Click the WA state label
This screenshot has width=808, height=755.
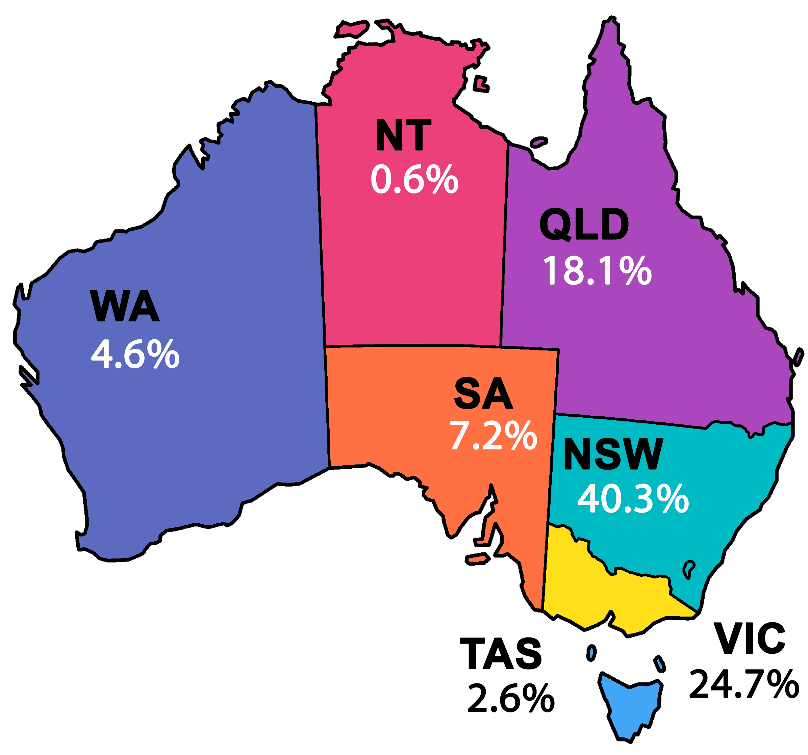(x=124, y=306)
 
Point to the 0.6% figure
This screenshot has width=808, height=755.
(x=414, y=179)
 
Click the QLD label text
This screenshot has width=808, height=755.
(x=584, y=225)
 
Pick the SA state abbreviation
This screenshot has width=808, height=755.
(x=483, y=393)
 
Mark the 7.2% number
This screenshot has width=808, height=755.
(x=493, y=436)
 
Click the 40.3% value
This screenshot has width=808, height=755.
(x=633, y=499)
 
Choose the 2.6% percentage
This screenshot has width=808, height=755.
(x=511, y=698)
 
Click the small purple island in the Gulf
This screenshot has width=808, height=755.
(x=539, y=142)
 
